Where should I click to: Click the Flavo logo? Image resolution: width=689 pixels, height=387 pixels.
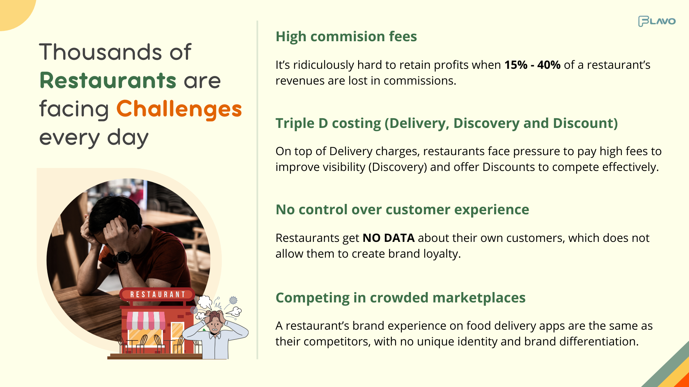[657, 21]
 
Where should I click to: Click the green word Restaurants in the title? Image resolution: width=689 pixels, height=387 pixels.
[108, 80]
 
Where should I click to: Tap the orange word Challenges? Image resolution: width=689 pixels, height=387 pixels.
[179, 109]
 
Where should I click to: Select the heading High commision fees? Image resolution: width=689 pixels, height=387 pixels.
[346, 37]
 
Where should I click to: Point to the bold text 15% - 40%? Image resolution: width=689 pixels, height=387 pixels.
[533, 65]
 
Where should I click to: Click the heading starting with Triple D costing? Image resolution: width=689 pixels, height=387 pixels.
[447, 123]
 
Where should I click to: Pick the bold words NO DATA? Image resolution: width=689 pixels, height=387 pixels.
[389, 238]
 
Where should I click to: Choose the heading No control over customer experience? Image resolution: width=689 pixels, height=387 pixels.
[402, 210]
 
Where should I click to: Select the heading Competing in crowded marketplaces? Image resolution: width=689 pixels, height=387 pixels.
[400, 298]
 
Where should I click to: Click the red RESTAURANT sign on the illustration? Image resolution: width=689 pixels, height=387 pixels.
[157, 295]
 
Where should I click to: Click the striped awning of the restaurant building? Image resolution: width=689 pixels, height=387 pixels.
[146, 320]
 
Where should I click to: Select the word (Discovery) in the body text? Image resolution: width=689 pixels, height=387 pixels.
[398, 167]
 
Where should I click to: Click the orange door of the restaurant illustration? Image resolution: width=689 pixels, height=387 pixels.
[177, 335]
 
